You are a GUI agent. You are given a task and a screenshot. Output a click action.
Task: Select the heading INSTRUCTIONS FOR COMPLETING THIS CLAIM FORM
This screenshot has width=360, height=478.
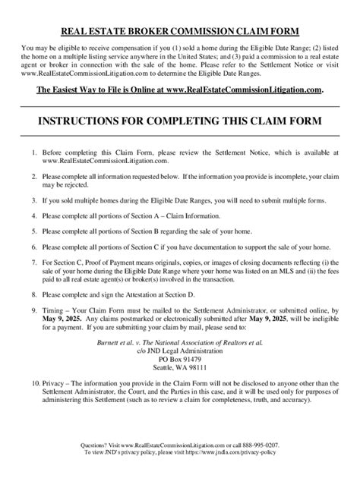180,121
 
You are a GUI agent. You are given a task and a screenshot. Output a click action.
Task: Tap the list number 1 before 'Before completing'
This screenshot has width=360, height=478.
34,154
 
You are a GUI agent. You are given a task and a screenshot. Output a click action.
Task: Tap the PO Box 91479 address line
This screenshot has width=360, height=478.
179,362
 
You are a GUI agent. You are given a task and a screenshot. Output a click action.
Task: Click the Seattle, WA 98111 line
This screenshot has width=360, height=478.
179,371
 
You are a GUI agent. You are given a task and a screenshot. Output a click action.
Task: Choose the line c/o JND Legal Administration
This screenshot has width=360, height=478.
179,353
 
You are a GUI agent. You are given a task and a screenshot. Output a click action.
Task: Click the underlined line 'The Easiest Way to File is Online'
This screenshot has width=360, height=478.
180,90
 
